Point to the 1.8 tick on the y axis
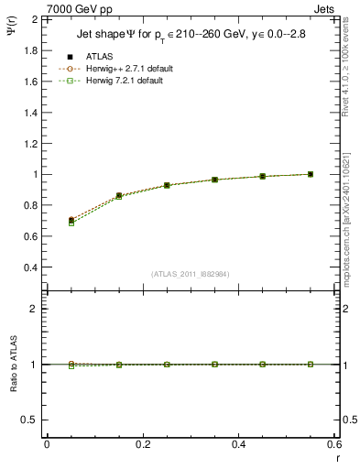coord(32,50)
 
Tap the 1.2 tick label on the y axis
coord(32,143)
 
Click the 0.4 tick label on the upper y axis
coord(32,267)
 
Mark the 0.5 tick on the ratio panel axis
coord(32,420)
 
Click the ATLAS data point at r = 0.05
coord(71,221)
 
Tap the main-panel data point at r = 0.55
coord(311,174)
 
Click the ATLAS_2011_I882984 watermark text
coord(190,274)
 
